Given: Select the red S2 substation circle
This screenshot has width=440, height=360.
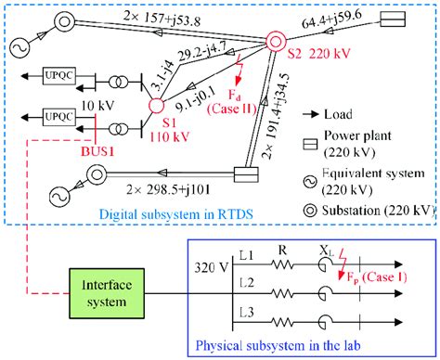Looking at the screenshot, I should click(274, 42).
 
